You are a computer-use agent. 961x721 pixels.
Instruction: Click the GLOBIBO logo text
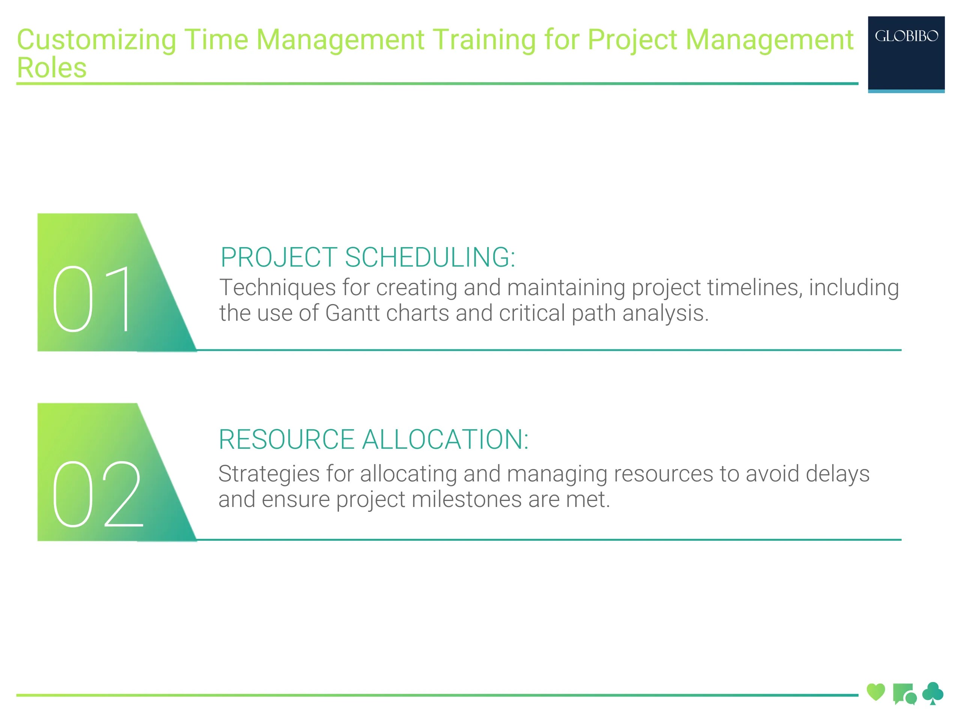tap(906, 36)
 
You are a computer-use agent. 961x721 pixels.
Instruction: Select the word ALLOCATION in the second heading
tap(445, 439)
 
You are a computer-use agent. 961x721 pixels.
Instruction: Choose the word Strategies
tap(269, 473)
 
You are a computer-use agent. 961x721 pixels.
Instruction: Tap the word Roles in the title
tap(52, 68)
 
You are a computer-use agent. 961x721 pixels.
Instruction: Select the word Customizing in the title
tap(96, 39)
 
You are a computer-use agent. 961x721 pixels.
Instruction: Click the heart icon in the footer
tap(875, 692)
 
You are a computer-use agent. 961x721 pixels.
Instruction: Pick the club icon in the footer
tap(932, 693)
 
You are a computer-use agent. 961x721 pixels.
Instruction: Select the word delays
tap(837, 473)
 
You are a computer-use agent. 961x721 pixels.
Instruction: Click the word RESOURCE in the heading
tap(286, 439)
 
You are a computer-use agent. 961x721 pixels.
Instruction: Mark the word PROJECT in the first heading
tap(279, 257)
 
